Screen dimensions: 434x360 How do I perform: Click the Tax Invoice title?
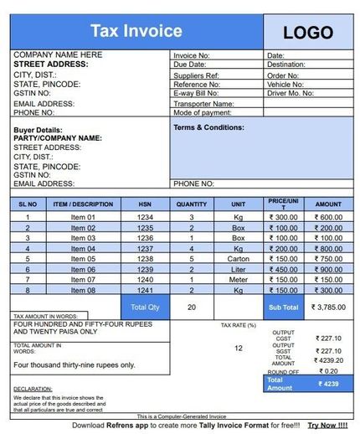pos(136,32)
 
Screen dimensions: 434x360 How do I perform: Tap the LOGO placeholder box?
pos(308,33)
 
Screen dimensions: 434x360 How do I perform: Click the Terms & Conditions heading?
pos(208,127)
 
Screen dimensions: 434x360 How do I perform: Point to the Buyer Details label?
pos(38,131)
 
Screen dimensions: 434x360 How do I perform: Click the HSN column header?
pos(145,204)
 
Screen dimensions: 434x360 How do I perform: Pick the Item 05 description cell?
pos(83,259)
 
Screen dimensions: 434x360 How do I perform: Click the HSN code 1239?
pos(145,270)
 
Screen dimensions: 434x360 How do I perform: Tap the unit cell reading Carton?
pos(239,259)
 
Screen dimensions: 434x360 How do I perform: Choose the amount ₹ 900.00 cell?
pos(327,270)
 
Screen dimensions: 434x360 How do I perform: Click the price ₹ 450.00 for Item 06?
pos(283,270)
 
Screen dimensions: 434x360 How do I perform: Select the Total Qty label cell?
pos(145,307)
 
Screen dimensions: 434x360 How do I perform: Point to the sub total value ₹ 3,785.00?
pos(327,307)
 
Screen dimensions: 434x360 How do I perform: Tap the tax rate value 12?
pos(239,348)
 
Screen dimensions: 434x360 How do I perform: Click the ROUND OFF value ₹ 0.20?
pos(327,370)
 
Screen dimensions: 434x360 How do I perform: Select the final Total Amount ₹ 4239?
pos(328,384)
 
